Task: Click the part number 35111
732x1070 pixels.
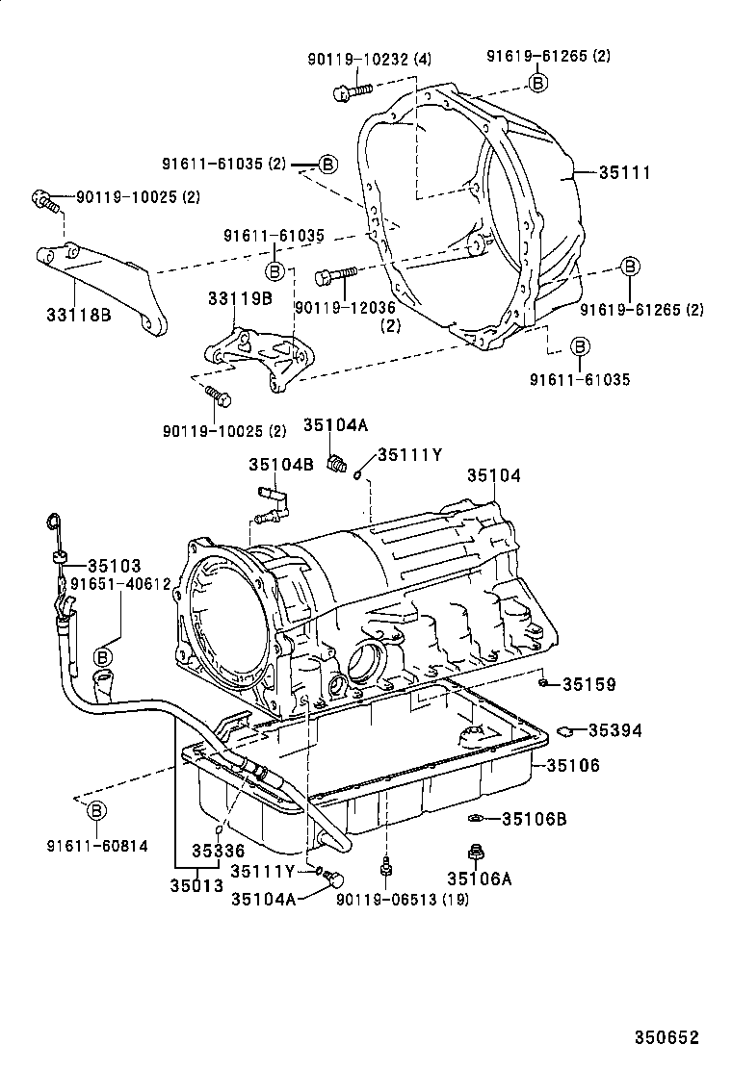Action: (x=624, y=173)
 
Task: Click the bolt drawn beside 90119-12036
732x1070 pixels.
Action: (x=336, y=275)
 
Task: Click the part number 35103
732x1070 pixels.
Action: (x=115, y=565)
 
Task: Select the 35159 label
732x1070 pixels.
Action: (x=588, y=685)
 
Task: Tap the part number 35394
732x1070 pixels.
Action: (x=615, y=730)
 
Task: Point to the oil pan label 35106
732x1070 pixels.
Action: (x=574, y=766)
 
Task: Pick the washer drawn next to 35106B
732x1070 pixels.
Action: (x=475, y=819)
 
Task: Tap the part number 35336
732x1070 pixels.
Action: (x=218, y=851)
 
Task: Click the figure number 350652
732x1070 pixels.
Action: (x=666, y=1037)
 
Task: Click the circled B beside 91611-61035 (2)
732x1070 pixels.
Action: (x=327, y=165)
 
